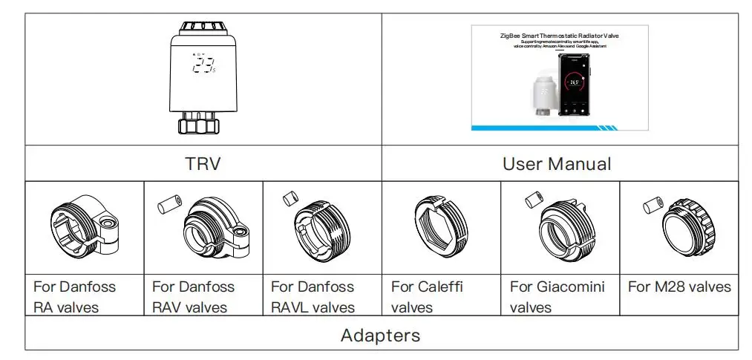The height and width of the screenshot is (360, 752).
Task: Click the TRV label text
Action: (x=203, y=163)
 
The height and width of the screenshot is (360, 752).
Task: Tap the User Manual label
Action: (x=557, y=163)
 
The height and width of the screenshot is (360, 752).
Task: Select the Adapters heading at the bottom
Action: (x=380, y=336)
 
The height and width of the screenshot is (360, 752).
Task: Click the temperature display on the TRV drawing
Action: (x=203, y=65)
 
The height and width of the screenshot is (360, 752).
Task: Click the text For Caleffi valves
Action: (x=427, y=296)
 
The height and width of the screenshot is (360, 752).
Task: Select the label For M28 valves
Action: (x=679, y=287)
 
